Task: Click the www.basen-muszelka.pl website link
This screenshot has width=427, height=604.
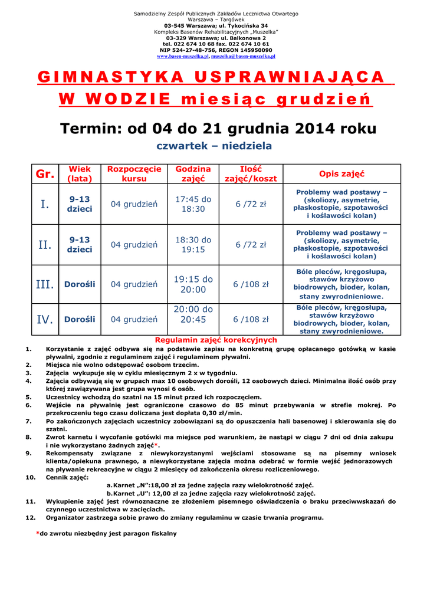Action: click(183, 57)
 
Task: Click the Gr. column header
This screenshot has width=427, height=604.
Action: click(45, 174)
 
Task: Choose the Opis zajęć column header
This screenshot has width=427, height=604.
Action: click(341, 174)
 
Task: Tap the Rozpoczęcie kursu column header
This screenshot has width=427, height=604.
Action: click(134, 174)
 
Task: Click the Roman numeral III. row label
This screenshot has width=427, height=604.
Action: click(45, 284)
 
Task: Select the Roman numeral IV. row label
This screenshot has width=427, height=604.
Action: click(45, 320)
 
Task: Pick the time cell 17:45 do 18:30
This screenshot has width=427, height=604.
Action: click(193, 204)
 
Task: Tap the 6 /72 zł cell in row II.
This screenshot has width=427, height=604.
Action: click(251, 244)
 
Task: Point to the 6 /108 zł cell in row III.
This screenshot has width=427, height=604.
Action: click(251, 284)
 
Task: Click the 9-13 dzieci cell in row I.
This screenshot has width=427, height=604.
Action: click(80, 204)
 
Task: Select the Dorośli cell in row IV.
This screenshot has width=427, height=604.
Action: click(80, 320)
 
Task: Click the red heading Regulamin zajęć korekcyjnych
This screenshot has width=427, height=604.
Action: click(215, 340)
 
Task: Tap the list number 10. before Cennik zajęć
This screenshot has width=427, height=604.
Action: click(31, 477)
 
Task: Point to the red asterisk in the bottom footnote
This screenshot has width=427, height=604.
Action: click(38, 533)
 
